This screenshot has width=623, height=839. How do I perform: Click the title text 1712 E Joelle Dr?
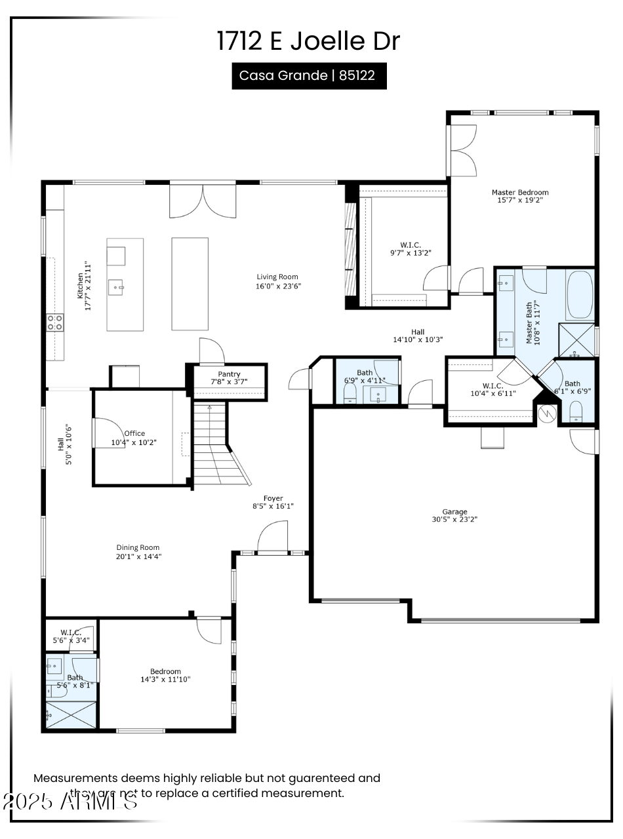click(x=308, y=41)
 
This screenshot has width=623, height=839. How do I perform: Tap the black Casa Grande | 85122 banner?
click(x=308, y=75)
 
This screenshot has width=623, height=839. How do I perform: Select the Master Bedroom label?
click(x=520, y=192)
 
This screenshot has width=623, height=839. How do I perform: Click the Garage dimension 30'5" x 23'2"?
click(x=454, y=519)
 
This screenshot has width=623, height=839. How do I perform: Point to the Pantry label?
click(x=230, y=374)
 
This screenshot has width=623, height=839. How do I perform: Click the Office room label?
click(x=134, y=433)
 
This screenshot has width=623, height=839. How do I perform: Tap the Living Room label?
click(x=277, y=277)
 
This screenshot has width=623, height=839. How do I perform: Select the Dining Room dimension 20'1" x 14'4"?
click(x=138, y=556)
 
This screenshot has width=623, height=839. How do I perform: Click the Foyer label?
click(x=273, y=498)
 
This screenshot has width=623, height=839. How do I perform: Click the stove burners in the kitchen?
click(x=55, y=322)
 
